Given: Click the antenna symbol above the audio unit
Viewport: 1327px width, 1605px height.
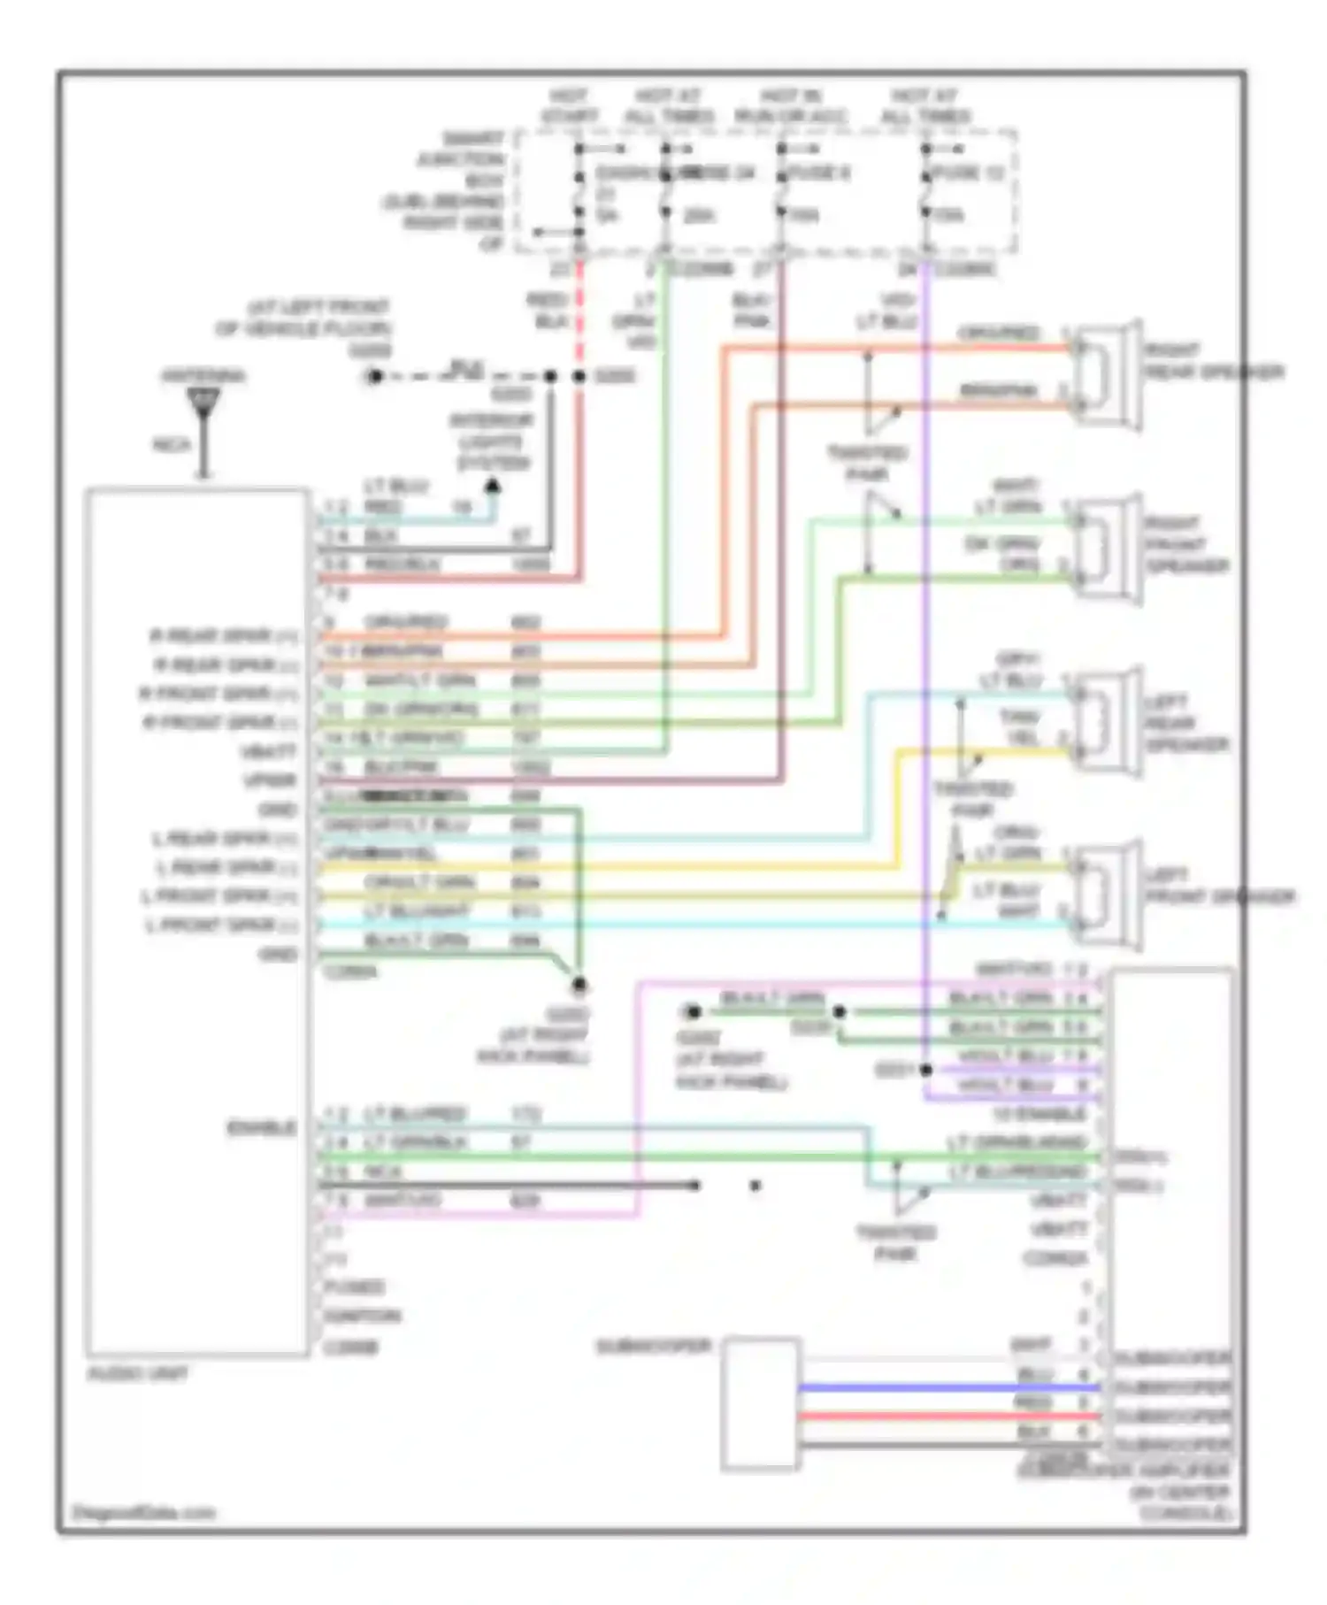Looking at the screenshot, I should [x=204, y=407].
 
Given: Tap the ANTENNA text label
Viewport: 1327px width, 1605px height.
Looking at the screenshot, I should [x=203, y=376].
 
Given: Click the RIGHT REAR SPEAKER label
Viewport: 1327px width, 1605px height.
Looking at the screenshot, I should [x=1212, y=361].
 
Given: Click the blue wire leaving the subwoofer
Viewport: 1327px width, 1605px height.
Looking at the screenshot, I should [x=947, y=1388].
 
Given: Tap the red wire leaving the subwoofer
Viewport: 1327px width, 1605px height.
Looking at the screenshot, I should [x=947, y=1417].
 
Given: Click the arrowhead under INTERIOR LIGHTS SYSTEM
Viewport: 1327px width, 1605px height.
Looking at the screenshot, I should [x=494, y=486].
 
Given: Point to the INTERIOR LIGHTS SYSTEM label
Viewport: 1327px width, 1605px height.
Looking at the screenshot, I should [x=494, y=442].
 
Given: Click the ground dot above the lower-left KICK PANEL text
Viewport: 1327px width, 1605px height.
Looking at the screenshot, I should [x=579, y=985].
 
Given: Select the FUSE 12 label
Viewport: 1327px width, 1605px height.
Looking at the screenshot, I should [x=969, y=173].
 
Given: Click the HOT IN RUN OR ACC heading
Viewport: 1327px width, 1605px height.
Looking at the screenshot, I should [x=791, y=106].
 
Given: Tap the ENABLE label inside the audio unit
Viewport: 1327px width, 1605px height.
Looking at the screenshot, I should [x=262, y=1128].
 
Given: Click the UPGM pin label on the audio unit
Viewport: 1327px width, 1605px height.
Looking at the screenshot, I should [x=270, y=780].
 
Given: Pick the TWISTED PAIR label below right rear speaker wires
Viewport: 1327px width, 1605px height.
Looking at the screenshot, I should [x=867, y=464].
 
